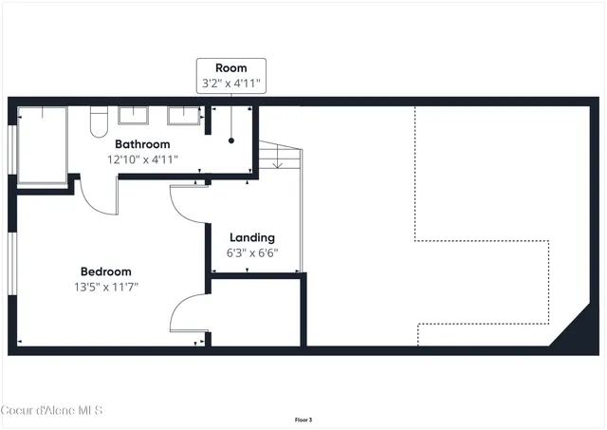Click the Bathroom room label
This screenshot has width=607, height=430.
(143, 144)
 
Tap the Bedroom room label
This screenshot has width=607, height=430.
(105, 271)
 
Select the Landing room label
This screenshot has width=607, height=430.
(251, 237)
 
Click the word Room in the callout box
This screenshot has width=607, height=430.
(231, 67)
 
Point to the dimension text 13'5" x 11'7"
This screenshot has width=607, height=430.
(106, 287)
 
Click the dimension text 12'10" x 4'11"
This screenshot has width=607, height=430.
(143, 159)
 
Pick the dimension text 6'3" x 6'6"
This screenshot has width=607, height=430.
(251, 253)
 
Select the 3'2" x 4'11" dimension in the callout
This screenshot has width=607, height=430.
(231, 84)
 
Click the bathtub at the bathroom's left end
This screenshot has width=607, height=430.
(42, 145)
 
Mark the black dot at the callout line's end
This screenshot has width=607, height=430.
(231, 140)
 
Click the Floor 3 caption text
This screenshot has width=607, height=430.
(303, 419)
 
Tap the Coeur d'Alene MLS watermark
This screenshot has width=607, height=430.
(52, 409)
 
